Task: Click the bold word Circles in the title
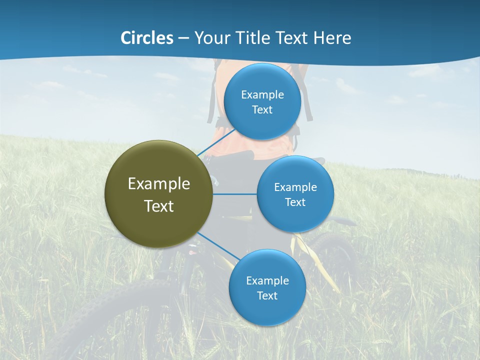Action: tap(147, 38)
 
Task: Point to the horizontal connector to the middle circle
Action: tap(235, 194)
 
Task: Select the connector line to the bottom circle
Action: tap(218, 246)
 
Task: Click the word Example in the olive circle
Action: tap(159, 184)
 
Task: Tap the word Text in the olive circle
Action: tap(159, 206)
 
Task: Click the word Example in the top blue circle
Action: tap(262, 95)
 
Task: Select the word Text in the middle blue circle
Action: tap(295, 202)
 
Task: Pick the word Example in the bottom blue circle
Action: tap(267, 281)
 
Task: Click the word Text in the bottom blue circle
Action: tap(267, 296)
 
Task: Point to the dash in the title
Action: tap(183, 38)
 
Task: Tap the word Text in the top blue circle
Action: tap(262, 110)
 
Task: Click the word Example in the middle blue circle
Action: tap(295, 187)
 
